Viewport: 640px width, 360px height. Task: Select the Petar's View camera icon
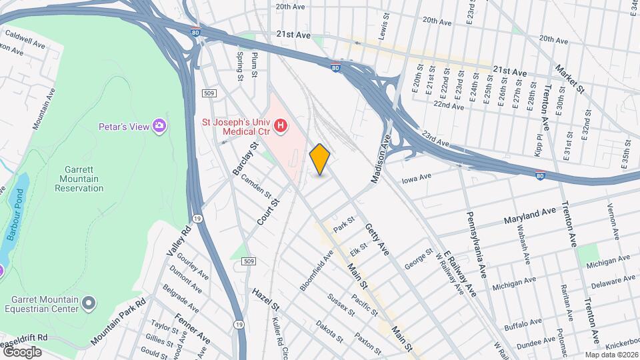pyautogui.click(x=159, y=125)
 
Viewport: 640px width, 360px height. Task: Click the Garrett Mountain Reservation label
pyautogui.click(x=75, y=179)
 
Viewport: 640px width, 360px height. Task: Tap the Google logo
pyautogui.click(x=22, y=351)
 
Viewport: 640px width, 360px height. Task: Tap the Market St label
pyautogui.click(x=570, y=79)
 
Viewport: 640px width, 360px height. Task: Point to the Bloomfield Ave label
pyautogui.click(x=316, y=269)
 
